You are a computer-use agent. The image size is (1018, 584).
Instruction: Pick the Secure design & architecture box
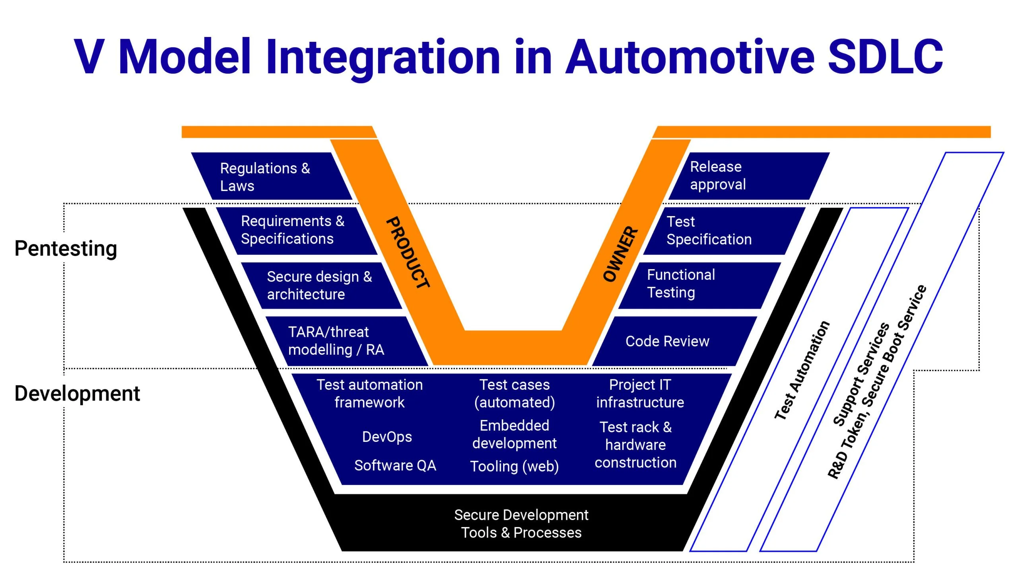pos(321,285)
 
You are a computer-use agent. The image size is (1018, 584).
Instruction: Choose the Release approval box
pos(741,176)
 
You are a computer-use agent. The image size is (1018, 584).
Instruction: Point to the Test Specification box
pos(717,230)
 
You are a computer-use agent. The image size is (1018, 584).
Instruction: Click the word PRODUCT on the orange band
pos(408,253)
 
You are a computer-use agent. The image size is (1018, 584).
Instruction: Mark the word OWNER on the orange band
pos(620,254)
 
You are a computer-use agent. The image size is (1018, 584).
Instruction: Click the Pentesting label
pos(66,248)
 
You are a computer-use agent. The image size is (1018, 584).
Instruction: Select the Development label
pos(77,393)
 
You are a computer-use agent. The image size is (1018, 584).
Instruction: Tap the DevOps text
pos(387,437)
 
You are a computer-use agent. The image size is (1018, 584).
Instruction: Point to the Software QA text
pos(395,465)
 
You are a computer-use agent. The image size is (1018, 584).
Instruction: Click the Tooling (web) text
pos(515,467)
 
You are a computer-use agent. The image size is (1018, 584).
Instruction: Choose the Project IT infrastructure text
pos(640,393)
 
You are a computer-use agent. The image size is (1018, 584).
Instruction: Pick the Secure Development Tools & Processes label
pos(521,523)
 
